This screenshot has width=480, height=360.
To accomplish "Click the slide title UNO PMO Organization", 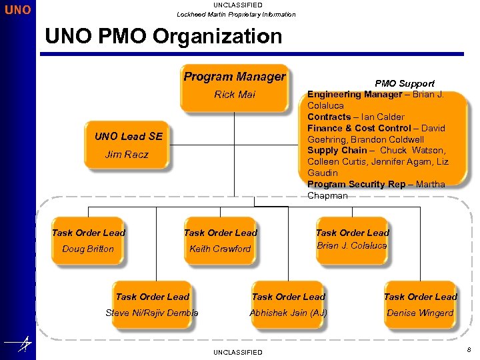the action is pos(163,36).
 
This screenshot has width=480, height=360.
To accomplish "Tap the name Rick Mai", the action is pos(234,95).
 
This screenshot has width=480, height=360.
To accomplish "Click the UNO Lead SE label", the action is pos(128,137).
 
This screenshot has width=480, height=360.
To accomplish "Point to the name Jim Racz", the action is pos(127,155).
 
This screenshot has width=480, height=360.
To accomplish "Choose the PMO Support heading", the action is pos(404,83).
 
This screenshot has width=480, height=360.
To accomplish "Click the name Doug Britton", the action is pos(88,249).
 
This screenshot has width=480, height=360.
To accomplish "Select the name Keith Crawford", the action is pos(220,249).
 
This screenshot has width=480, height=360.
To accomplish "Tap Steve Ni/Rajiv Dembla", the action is pos(152,313).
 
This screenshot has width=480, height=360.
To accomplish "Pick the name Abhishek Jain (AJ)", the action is pos(288,313).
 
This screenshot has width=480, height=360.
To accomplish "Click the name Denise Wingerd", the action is pos(420,313).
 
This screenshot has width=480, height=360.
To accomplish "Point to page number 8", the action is pos(468,349).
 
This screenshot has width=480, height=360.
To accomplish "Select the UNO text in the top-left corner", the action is pos(17,11).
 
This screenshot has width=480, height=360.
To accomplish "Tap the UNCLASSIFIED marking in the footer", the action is pos(237,352).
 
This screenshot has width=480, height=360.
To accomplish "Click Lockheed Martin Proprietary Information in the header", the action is pos(236,14).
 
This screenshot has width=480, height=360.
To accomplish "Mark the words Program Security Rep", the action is pos(356,185).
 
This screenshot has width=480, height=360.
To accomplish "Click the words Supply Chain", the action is pos(337,151).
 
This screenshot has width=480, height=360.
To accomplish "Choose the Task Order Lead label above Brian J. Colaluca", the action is pos(352,233).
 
